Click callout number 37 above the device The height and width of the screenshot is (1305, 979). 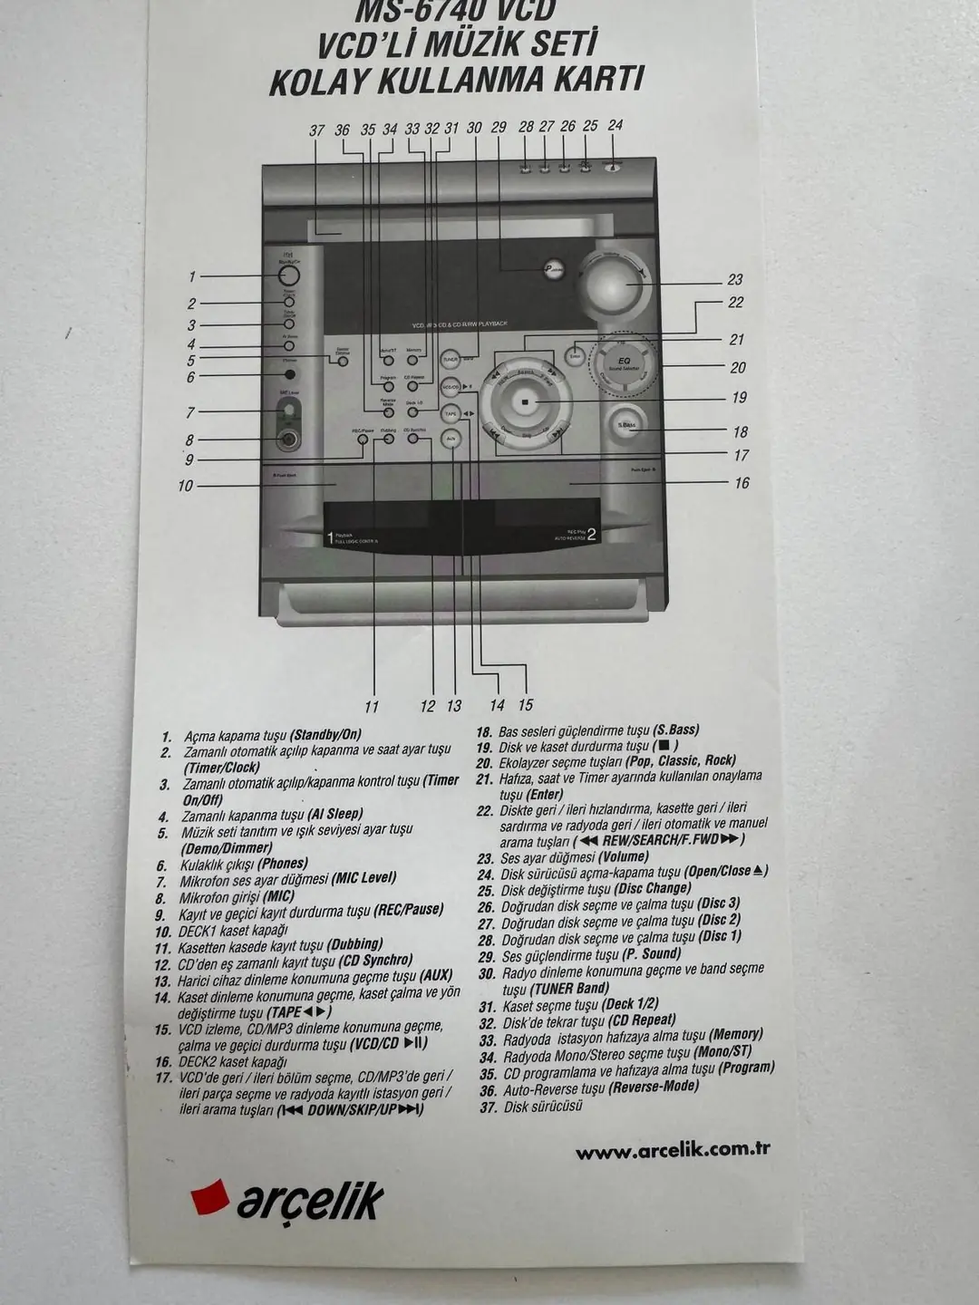pyautogui.click(x=316, y=130)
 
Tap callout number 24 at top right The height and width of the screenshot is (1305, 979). pyautogui.click(x=616, y=125)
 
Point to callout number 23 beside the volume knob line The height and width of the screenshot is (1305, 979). pyautogui.click(x=735, y=280)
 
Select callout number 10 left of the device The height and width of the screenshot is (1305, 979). pyautogui.click(x=186, y=486)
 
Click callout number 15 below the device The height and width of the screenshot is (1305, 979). pyautogui.click(x=526, y=705)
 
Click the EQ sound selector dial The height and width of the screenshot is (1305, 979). pyautogui.click(x=624, y=363)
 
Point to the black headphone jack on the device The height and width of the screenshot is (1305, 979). pyautogui.click(x=289, y=375)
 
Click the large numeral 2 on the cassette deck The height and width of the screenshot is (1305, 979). pyautogui.click(x=591, y=534)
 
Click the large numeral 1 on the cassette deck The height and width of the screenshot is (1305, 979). pyautogui.click(x=330, y=538)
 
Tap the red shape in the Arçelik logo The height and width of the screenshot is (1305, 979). pyautogui.click(x=210, y=1198)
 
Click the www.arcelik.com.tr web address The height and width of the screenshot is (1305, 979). pyautogui.click(x=673, y=1151)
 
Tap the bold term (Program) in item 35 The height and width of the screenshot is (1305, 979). pyautogui.click(x=746, y=1068)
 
